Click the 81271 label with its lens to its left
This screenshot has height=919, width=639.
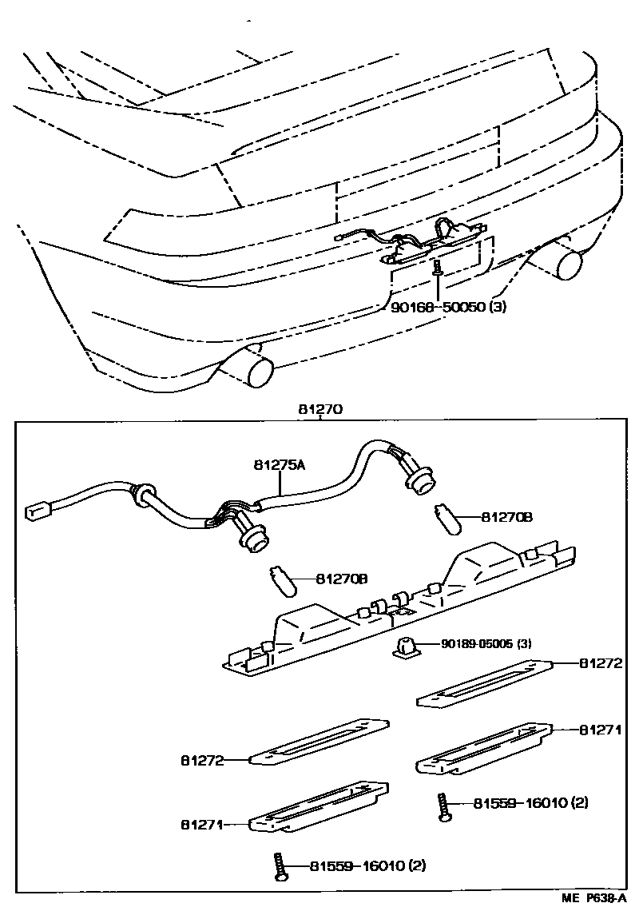[x=600, y=730]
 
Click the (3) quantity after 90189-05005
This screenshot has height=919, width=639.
[x=522, y=644]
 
